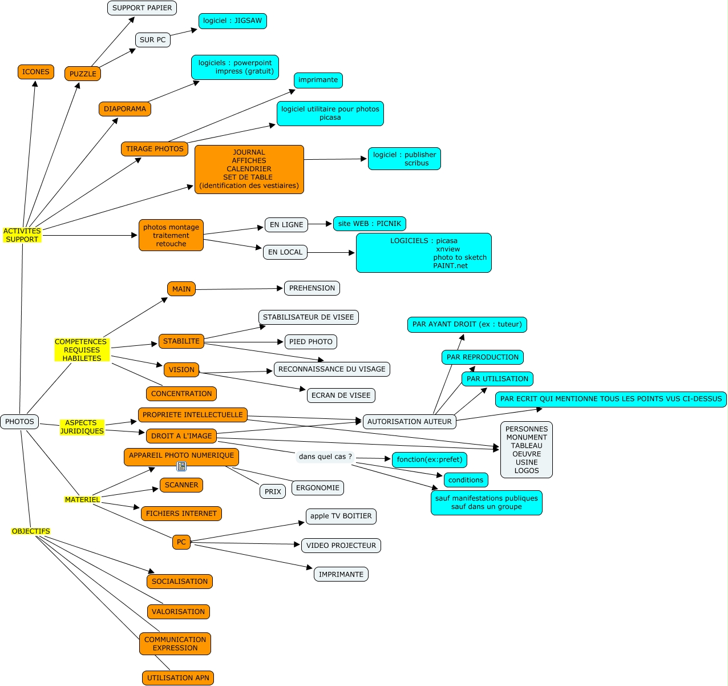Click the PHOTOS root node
click(19, 422)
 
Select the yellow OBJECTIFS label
click(31, 531)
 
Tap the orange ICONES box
click(35, 72)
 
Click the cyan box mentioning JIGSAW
click(232, 21)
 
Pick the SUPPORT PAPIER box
click(142, 8)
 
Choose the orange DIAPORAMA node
click(125, 109)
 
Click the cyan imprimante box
click(318, 80)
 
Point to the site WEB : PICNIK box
click(369, 224)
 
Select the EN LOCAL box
click(285, 252)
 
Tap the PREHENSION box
click(312, 288)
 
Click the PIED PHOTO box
click(310, 342)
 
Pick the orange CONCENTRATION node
click(181, 394)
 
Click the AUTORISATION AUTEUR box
click(409, 422)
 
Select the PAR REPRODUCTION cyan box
click(482, 357)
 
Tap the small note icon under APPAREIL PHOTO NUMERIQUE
click(181, 466)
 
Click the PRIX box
click(273, 491)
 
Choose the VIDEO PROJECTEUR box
click(341, 546)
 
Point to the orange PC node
click(181, 542)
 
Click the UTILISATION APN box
click(178, 678)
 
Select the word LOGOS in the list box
click(526, 471)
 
